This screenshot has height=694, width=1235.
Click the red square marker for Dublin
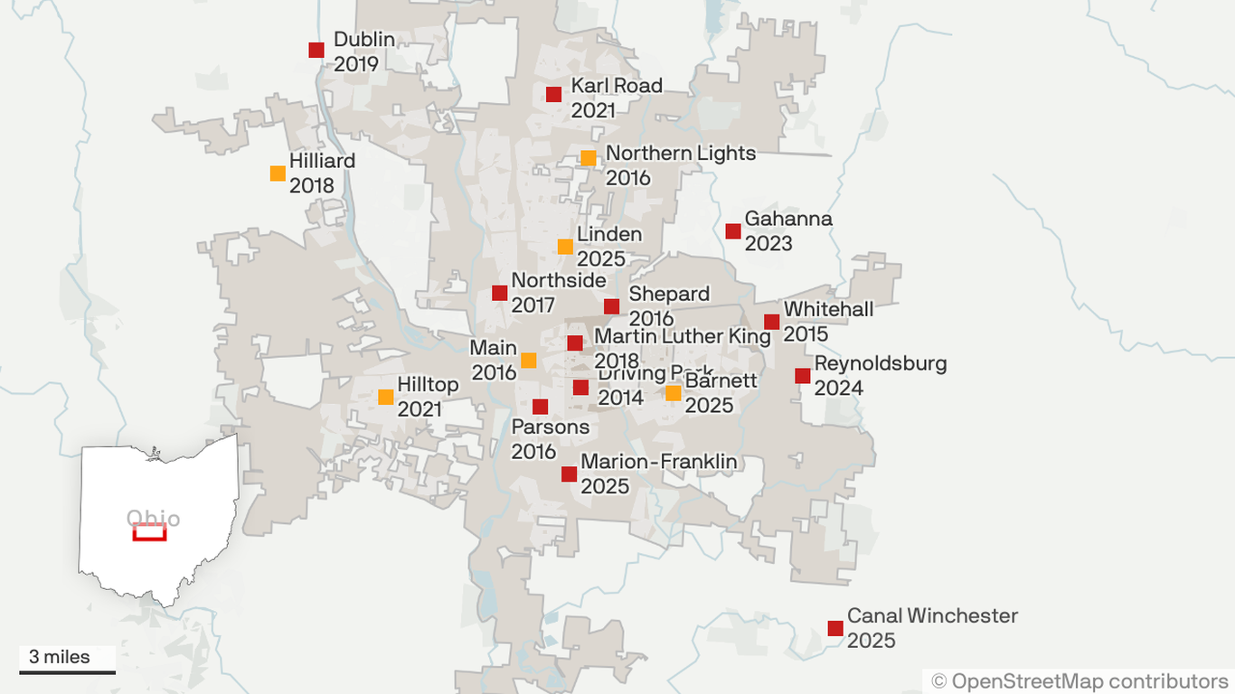coord(316,50)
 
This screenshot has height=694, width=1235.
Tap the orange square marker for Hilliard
coord(278,173)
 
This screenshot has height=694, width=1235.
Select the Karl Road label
coord(617,86)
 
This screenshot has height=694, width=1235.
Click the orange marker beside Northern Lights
coord(588,158)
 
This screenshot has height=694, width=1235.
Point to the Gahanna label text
coord(788,219)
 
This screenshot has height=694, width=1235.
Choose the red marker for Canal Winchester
coord(835,628)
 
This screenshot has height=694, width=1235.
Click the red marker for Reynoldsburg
coord(803,376)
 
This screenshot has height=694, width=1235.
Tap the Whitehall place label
coord(828,309)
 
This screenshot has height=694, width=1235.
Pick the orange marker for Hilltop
coord(386,397)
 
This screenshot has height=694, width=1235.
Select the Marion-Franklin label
coord(659,462)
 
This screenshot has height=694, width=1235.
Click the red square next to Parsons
coord(541,407)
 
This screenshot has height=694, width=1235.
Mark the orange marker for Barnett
coord(673,393)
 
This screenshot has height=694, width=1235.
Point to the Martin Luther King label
coord(683,336)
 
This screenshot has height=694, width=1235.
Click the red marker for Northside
coord(500,293)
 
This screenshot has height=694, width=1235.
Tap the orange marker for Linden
coord(565,246)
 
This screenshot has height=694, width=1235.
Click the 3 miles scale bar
coord(68,671)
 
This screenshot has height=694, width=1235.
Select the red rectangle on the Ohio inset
coord(149,532)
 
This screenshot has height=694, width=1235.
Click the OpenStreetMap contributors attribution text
coord(1080,680)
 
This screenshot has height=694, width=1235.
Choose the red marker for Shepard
coord(612,306)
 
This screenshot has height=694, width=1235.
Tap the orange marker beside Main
coord(529,361)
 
